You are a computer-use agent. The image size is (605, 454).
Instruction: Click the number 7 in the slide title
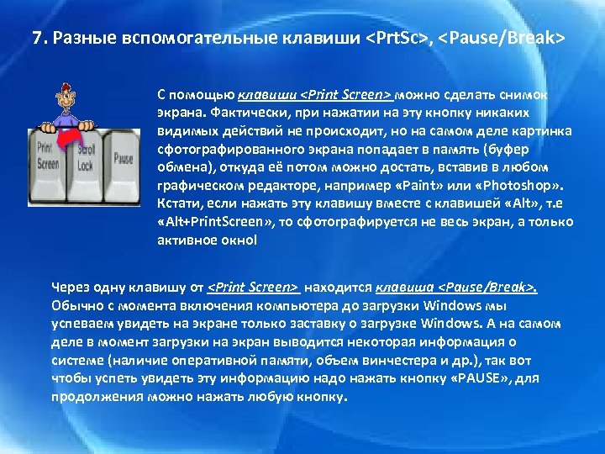(35, 39)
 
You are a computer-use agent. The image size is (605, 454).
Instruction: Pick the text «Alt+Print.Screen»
(209, 222)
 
